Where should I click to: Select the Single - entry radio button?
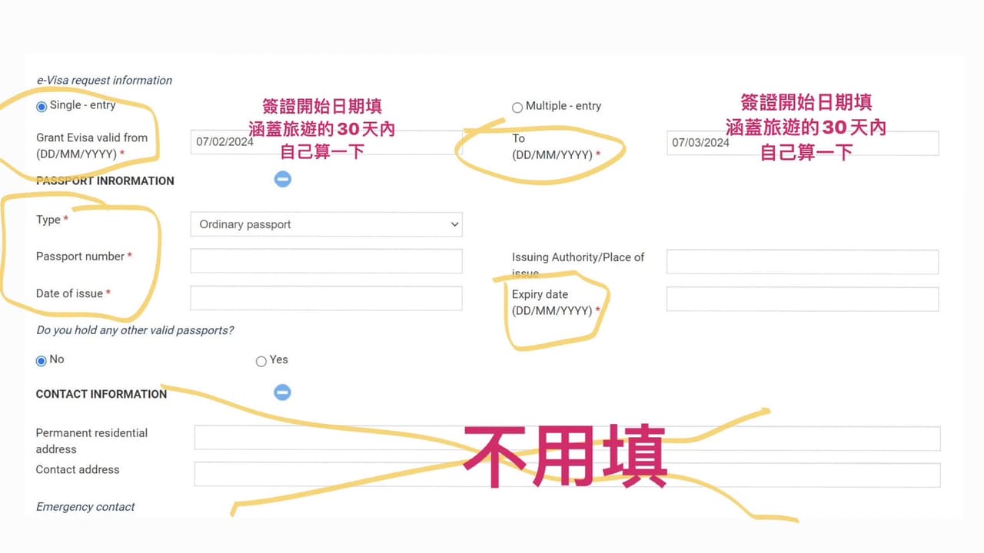[x=42, y=107]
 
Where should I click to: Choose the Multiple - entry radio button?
[x=517, y=108]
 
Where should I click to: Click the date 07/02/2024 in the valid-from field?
[x=224, y=142]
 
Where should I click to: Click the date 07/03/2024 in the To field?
[x=700, y=143]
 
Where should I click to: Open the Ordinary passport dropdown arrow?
[x=454, y=224]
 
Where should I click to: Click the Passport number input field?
[x=327, y=261]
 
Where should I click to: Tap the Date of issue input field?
[x=327, y=298]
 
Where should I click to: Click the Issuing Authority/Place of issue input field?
[x=803, y=262]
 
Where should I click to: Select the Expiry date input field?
[x=803, y=299]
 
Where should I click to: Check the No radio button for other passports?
[x=41, y=361]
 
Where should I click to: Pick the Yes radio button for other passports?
[x=261, y=361]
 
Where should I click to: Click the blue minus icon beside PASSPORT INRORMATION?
[x=282, y=179]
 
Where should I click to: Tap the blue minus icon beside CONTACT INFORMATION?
[x=282, y=392]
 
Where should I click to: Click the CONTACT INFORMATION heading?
[x=101, y=394]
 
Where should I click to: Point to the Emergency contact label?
[x=85, y=506]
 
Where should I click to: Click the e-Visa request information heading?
[x=104, y=81]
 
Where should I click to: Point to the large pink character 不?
[x=495, y=456]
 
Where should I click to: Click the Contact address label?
[x=78, y=469]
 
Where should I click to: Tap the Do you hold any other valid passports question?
[x=135, y=330]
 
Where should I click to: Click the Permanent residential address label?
[x=91, y=441]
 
